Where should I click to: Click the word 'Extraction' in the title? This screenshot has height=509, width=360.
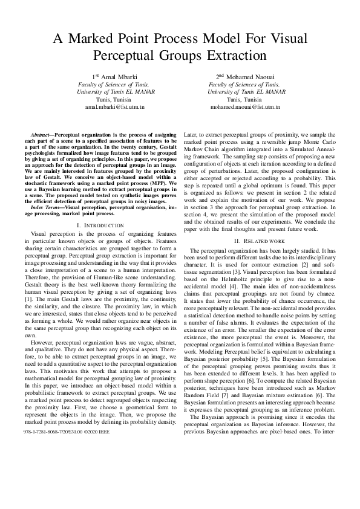(234, 56)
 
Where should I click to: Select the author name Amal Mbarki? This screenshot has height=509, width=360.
(122, 77)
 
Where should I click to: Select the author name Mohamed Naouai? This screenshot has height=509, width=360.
(250, 77)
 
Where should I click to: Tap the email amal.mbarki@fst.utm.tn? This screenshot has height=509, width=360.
(115, 106)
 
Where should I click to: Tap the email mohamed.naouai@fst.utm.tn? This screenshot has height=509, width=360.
(244, 106)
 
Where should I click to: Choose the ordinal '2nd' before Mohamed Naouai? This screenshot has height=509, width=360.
(220, 77)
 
